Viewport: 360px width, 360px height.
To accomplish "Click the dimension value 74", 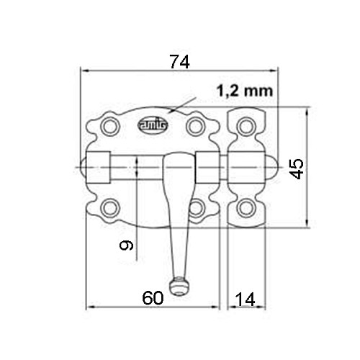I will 179,62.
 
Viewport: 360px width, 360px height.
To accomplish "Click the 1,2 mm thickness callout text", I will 243,91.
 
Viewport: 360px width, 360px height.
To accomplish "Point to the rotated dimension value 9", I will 127,246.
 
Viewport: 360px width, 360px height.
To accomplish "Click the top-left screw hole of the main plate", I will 109,127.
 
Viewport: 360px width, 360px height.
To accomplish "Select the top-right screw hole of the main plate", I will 194,127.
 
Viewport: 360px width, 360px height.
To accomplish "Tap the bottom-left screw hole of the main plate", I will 109,208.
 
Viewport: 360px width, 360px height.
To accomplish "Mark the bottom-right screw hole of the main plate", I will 194,208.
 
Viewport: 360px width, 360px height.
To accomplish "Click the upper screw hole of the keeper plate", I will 246,127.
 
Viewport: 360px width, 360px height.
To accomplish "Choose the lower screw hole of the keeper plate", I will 246,208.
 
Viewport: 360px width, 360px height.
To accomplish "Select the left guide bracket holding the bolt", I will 100,168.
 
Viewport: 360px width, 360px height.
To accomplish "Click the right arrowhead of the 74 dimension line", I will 274,71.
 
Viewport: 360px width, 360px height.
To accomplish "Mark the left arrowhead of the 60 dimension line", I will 90,308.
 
